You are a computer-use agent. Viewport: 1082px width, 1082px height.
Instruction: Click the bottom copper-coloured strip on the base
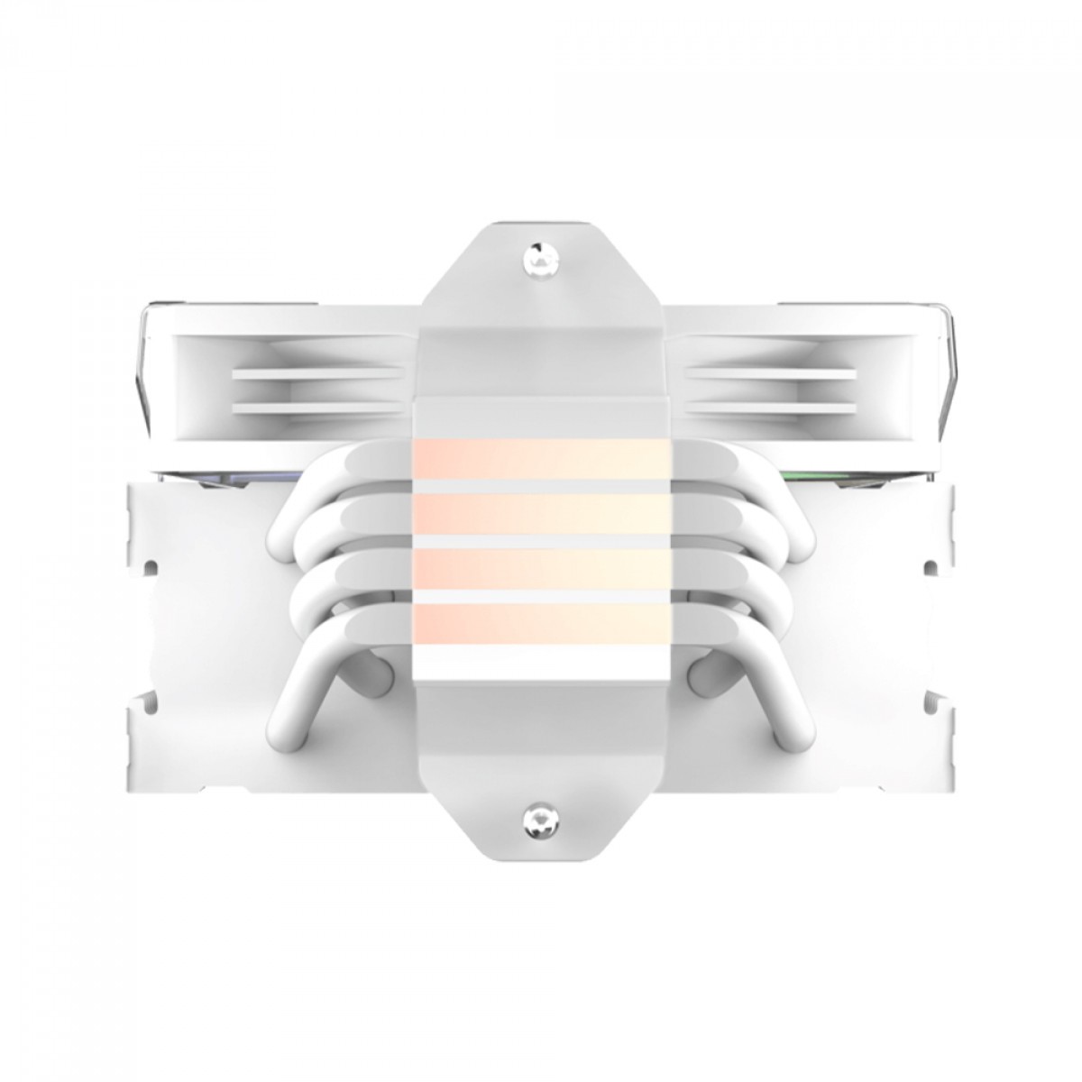tap(541, 623)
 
